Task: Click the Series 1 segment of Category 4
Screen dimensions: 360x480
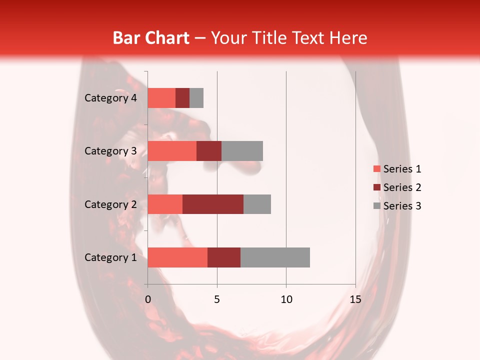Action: coord(161,98)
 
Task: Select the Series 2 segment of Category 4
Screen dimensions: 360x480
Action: coord(182,98)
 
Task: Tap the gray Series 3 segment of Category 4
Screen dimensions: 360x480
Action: coord(196,98)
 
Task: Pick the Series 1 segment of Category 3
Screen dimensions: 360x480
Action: coord(172,151)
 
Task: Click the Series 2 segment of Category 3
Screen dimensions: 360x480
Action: coord(209,151)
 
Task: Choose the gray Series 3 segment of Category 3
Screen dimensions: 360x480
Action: coord(242,151)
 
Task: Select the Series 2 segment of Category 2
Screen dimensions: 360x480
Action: coord(213,204)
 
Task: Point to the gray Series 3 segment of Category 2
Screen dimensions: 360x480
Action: coord(257,204)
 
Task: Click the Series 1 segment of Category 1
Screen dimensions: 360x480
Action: coord(177,257)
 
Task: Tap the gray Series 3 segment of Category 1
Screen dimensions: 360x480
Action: coord(275,257)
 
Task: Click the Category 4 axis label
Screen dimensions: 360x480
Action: coord(110,98)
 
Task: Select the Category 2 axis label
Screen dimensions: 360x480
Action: coord(110,204)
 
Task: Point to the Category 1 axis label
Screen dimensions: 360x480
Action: coord(110,257)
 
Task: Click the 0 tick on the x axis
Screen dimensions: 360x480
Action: coord(148,299)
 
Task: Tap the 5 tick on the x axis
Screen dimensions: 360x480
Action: coord(217,299)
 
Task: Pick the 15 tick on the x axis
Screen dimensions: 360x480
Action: coord(355,299)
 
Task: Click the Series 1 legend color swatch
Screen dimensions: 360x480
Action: coord(376,169)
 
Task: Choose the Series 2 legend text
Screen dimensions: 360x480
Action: coord(402,187)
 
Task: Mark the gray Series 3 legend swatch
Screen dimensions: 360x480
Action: coord(376,206)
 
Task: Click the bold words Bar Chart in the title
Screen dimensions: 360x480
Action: coord(151,38)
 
